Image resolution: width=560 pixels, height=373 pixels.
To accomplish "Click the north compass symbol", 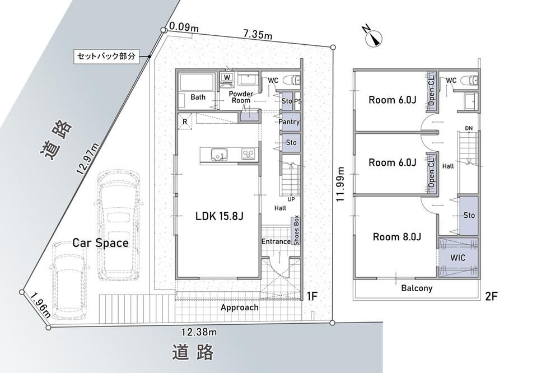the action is click(x=373, y=37).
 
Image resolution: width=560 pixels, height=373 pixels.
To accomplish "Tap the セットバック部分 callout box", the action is click(x=106, y=57).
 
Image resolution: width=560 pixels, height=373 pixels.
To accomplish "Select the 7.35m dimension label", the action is click(x=258, y=34).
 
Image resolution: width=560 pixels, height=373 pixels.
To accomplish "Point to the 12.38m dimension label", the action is click(x=199, y=332).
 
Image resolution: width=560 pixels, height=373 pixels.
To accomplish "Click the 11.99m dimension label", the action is click(x=340, y=184).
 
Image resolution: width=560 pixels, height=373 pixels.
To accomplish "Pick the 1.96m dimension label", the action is click(x=40, y=305).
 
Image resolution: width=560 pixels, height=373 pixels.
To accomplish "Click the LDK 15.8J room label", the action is click(x=220, y=216).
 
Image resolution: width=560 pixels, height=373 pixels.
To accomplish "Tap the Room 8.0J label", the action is click(x=397, y=236).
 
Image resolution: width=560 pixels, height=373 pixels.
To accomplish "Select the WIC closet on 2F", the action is click(x=458, y=257).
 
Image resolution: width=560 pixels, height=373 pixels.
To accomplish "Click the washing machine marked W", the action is click(x=227, y=77).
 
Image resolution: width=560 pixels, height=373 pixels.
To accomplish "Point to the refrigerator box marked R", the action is click(x=185, y=122).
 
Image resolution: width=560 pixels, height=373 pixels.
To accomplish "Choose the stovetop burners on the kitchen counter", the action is click(x=248, y=154).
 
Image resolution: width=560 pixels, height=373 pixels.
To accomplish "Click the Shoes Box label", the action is click(x=296, y=231).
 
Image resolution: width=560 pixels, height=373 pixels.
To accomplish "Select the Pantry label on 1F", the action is click(x=289, y=122).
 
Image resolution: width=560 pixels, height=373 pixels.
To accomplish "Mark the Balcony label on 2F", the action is click(x=417, y=288).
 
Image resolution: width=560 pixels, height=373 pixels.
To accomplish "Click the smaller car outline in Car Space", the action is click(x=69, y=280).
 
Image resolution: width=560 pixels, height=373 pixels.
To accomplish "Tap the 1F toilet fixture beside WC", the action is click(x=293, y=80).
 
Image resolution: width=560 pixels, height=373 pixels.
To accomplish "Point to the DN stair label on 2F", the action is click(x=469, y=128).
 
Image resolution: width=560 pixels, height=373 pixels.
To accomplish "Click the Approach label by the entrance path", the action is click(x=239, y=307).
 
